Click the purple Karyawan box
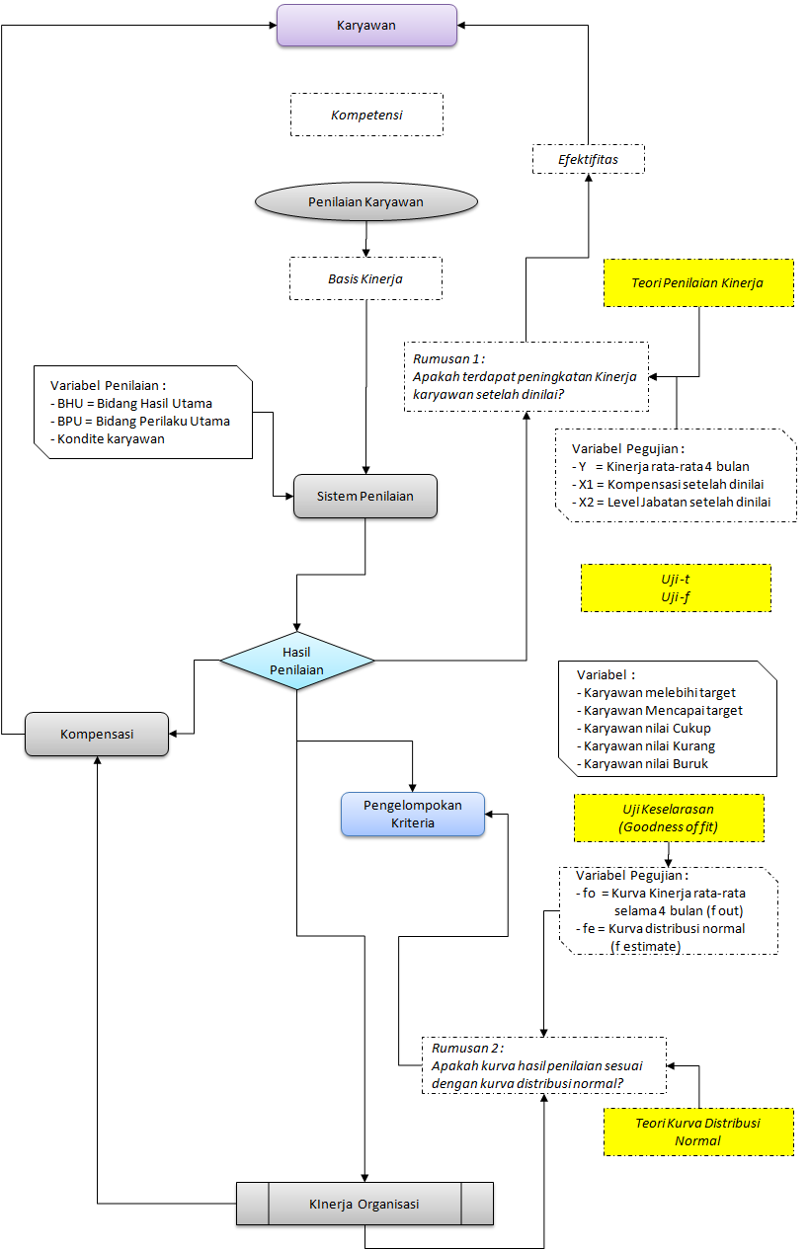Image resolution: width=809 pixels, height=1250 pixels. pos(366,25)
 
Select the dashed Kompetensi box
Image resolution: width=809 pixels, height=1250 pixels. pos(366,115)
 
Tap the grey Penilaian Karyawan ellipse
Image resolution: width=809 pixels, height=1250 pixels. pos(366,201)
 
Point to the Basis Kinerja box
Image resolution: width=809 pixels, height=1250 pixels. pos(365,278)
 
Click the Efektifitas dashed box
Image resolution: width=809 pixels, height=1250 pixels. pos(589,159)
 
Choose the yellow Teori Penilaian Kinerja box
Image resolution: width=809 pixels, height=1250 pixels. pos(698,283)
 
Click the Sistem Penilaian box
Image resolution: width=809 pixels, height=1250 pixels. pos(365,496)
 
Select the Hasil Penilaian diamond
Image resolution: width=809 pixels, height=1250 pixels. pos(296,661)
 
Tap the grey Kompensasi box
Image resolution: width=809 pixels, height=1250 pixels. pos(97,734)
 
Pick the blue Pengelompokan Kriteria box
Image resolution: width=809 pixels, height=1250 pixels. pos(413,814)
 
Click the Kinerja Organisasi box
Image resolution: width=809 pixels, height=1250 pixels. pos(364,1204)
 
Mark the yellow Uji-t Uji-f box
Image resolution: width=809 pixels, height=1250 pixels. pos(676,587)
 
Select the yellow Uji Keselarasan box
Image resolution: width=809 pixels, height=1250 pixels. pos(669,819)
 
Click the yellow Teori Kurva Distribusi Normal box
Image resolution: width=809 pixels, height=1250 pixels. pos(698,1132)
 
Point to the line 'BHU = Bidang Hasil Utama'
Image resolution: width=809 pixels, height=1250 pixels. pos(131,404)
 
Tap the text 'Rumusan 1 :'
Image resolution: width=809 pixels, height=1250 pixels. pos(448,358)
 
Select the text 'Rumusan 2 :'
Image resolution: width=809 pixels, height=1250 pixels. pos(467,1048)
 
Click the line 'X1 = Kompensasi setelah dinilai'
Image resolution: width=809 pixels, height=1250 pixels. pos(668,485)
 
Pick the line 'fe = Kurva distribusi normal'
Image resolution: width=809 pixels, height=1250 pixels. pos(661,928)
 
